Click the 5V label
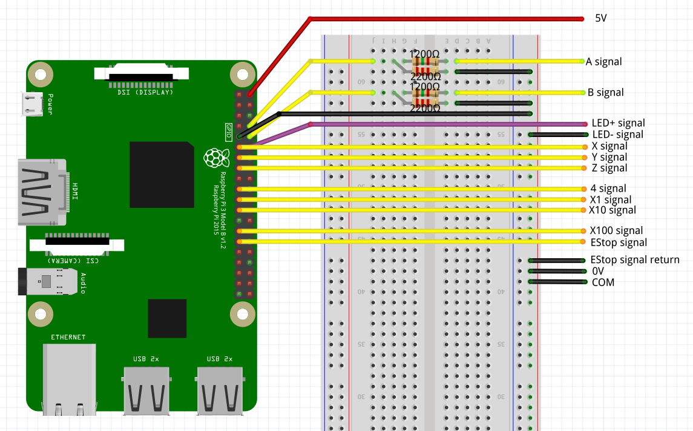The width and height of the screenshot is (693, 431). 600,18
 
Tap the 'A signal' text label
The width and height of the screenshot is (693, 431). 603,61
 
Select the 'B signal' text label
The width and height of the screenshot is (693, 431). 605,93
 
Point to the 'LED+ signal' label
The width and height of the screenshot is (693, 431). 618,123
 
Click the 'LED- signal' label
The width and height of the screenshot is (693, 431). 617,135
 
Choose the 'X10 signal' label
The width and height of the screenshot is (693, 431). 613,210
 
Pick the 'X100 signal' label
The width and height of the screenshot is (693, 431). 616,230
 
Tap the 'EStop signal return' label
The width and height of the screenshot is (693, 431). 635,259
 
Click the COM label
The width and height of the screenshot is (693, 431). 603,282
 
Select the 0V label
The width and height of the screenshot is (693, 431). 598,271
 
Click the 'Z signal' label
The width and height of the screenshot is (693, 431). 609,168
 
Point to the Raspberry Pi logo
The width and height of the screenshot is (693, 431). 212,158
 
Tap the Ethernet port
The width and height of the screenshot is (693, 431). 68,379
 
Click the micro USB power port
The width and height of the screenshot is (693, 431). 31,104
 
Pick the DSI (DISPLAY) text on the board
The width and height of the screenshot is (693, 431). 145,93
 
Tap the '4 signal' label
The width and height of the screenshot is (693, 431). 608,189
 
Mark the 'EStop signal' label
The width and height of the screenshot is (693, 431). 619,242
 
